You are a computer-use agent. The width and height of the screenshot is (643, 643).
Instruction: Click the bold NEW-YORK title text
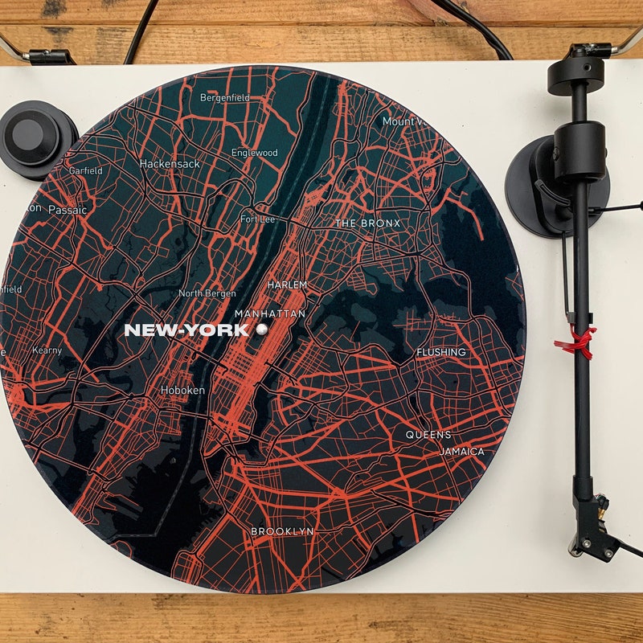[186, 330]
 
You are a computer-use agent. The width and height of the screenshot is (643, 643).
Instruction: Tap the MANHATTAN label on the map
[270, 313]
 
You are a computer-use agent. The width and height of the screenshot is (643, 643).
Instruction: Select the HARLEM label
[288, 285]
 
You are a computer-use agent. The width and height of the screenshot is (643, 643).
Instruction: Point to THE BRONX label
[367, 223]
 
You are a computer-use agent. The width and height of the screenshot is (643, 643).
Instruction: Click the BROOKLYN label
[282, 531]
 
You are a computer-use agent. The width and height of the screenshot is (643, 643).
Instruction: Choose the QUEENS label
[428, 435]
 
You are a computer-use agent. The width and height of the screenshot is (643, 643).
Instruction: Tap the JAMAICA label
[462, 452]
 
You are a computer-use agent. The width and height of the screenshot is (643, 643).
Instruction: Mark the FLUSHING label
[440, 352]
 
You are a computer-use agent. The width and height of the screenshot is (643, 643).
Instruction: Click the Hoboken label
[183, 390]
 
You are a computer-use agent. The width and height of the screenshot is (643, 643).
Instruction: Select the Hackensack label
[170, 163]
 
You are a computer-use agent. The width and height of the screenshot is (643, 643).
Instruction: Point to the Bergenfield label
[225, 97]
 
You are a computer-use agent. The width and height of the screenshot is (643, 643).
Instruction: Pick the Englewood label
[255, 153]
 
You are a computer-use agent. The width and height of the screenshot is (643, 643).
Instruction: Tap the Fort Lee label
[257, 219]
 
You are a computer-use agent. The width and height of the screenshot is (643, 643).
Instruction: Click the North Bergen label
[207, 293]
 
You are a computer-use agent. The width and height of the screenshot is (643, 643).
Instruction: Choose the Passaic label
[67, 209]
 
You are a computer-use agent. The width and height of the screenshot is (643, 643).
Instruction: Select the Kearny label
[47, 350]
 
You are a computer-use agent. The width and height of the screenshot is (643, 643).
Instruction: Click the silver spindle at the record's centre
[261, 330]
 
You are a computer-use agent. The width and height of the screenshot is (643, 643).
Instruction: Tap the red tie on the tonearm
[576, 341]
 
